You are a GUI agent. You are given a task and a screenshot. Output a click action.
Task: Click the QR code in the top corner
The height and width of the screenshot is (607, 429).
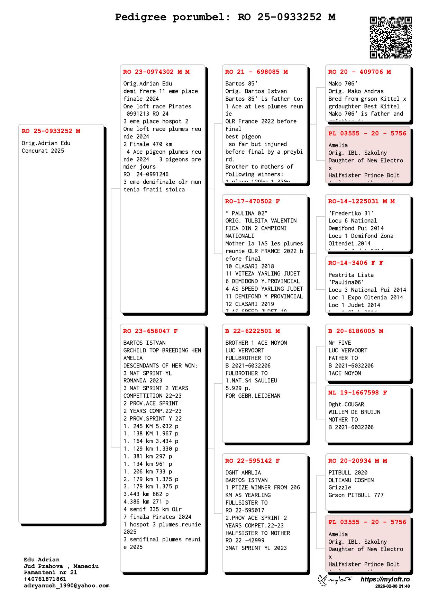(x=391, y=37)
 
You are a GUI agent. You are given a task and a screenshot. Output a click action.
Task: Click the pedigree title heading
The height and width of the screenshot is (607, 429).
(x=225, y=17)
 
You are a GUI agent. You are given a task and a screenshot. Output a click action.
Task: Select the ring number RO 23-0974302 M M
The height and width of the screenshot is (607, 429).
(x=156, y=72)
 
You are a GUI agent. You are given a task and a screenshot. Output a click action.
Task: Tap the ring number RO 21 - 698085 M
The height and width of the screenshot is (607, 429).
(x=256, y=72)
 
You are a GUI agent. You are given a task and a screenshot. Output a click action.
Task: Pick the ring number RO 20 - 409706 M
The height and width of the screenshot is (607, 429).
(x=359, y=72)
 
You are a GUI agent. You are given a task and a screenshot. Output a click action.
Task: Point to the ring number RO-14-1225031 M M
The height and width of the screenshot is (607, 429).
(x=362, y=201)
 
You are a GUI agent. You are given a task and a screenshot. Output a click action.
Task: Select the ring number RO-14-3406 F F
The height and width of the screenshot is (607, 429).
(x=356, y=263)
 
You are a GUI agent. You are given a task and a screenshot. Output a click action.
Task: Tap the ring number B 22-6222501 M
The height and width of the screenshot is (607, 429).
(x=253, y=331)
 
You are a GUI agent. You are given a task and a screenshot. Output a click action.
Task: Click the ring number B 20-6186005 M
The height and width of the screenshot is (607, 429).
(x=356, y=331)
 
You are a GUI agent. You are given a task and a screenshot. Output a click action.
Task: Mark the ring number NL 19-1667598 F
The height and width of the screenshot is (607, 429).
(x=358, y=393)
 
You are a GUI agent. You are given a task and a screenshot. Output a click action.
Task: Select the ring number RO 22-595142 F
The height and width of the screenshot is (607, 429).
(x=253, y=461)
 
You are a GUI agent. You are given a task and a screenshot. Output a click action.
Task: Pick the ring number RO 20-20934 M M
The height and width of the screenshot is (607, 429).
(x=358, y=461)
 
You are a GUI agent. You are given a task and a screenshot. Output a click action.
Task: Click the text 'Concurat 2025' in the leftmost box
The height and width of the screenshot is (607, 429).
(x=43, y=151)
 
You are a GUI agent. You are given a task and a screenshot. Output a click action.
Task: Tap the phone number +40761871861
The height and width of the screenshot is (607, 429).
(x=45, y=579)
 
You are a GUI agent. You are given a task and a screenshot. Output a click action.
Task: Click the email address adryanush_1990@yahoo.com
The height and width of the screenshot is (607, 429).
(x=66, y=586)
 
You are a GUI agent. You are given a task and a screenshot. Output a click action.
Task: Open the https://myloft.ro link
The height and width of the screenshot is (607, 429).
(x=385, y=579)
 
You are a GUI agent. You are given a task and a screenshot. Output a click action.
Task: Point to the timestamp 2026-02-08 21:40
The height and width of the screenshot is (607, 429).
(x=392, y=586)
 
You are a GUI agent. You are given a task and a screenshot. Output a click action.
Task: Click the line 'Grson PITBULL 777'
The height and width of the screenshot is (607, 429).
(x=356, y=495)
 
